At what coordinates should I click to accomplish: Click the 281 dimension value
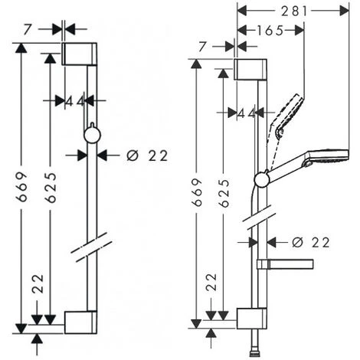click(x=294, y=11)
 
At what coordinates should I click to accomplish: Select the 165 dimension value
click(x=270, y=31)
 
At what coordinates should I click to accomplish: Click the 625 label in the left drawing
click(x=51, y=188)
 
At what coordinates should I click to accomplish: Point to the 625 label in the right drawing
click(x=224, y=193)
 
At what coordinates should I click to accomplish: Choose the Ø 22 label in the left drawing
click(x=147, y=155)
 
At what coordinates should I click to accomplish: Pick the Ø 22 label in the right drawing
click(x=311, y=242)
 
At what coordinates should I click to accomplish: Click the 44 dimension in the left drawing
click(x=74, y=102)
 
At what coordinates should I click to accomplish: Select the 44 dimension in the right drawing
click(x=246, y=113)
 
